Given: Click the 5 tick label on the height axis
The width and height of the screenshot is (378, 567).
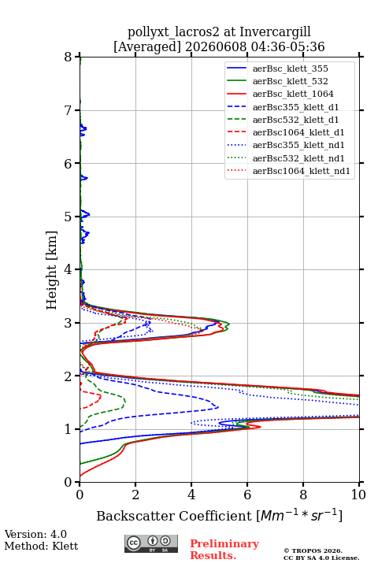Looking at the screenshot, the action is [x=69, y=217].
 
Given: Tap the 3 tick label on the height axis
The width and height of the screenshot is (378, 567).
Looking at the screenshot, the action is [x=69, y=323].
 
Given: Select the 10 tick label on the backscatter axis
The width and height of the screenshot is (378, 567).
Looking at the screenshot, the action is [x=358, y=495].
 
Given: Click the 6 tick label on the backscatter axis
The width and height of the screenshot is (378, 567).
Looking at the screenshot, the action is [x=247, y=495].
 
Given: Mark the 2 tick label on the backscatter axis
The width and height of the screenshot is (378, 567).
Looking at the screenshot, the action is [x=135, y=495].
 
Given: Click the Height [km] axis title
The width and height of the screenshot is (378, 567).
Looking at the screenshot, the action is [x=51, y=270].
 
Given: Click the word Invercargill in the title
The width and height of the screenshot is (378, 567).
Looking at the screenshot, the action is [x=275, y=32].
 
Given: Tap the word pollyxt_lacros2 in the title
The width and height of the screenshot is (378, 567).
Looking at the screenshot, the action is [x=173, y=32].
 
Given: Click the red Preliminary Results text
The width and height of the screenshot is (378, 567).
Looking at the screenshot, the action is [x=224, y=550].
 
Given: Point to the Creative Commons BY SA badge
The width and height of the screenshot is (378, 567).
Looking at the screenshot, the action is [x=151, y=543].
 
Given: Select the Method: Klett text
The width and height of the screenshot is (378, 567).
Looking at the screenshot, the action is [x=41, y=546].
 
